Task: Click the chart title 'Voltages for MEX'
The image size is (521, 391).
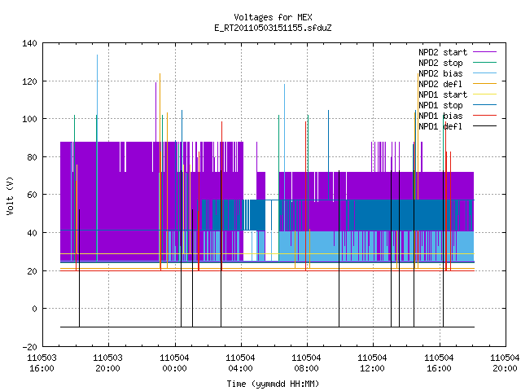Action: pos(273,17)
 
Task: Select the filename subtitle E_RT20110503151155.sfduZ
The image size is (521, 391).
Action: pos(273,28)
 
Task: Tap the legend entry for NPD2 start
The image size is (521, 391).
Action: pos(443,52)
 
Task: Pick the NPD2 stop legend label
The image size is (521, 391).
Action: pos(440,63)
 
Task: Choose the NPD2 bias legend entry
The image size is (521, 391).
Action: pos(440,73)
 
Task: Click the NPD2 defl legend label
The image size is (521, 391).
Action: pos(440,84)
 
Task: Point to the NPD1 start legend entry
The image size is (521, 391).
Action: pos(443,94)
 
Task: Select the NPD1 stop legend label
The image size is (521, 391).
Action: pos(440,105)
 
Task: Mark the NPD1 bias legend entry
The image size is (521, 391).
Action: pos(440,116)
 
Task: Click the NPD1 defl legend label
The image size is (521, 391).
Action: pos(440,126)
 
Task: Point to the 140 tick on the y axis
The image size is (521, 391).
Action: pos(29,43)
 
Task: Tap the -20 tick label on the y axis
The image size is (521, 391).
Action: pos(29,347)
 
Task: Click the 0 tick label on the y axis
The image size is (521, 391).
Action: pos(34,309)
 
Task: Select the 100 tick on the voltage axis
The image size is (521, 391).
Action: pos(29,119)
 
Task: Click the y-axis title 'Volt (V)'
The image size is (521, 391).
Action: pos(11,195)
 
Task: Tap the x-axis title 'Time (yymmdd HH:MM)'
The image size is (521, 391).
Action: pos(273,384)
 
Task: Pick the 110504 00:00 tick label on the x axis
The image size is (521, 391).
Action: pos(174,363)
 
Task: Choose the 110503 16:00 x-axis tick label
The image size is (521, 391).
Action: pos(42,363)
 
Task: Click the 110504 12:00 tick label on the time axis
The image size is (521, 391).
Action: pos(373,363)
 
